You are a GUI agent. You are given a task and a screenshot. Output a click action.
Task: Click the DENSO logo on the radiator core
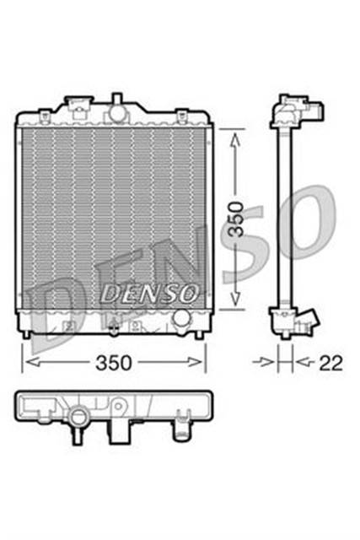(x=150, y=292)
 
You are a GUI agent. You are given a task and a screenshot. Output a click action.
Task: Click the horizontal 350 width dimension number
(x=113, y=363)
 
